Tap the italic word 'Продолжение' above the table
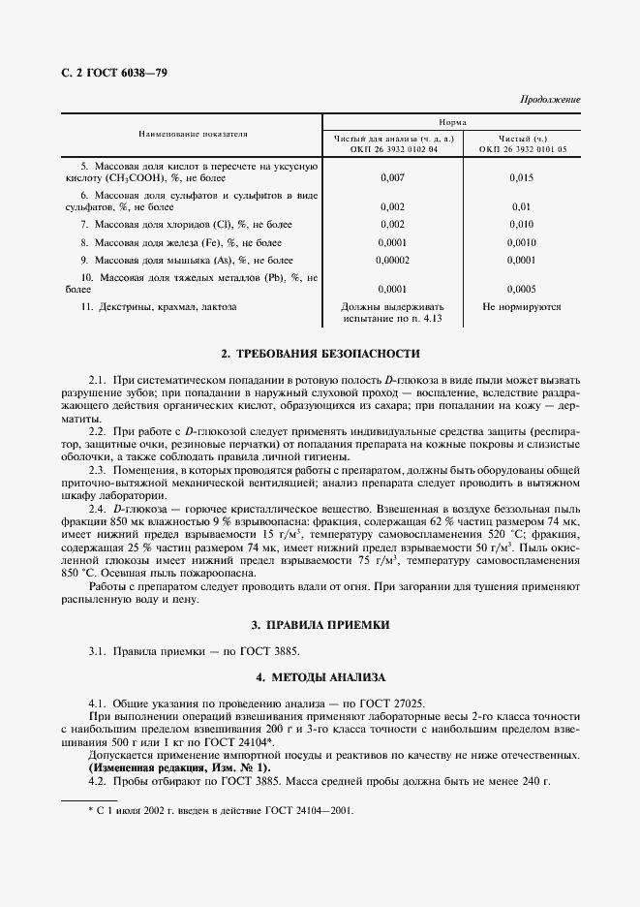tap(550, 101)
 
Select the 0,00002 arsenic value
tap(392, 260)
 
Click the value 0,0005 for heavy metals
tap(522, 289)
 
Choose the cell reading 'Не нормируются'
tap(522, 306)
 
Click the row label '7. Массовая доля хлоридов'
tap(186, 224)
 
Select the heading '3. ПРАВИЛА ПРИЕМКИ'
tap(320, 625)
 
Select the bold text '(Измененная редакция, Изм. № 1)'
tap(180, 766)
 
